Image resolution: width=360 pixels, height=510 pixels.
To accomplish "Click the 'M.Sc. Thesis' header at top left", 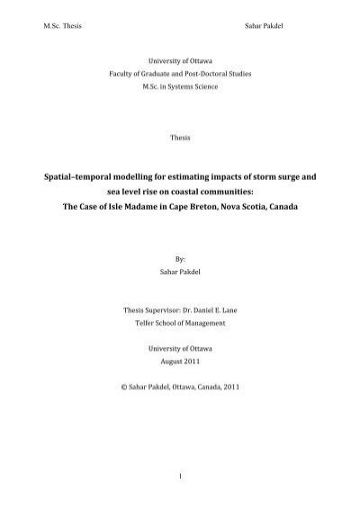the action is [50, 21].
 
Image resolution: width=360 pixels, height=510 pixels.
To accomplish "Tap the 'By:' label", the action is [180, 260].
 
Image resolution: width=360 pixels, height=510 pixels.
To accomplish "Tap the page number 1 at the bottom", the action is [180, 474].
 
